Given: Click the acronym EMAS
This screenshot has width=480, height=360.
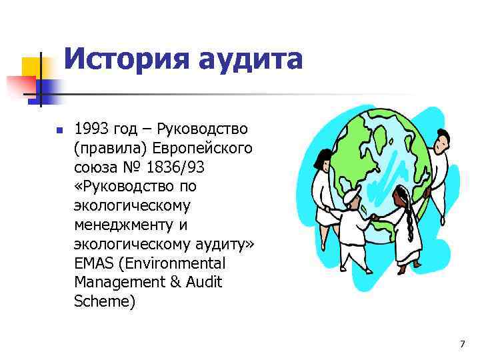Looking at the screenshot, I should (93, 263).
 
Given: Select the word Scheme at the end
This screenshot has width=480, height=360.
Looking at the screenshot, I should (105, 301).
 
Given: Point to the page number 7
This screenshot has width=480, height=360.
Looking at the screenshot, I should (462, 344).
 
